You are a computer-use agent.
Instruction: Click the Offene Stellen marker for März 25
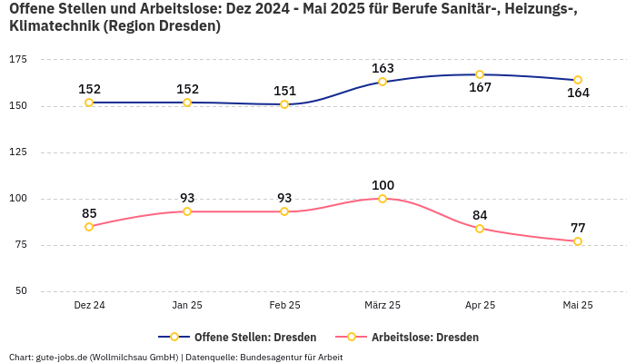[x=383, y=82]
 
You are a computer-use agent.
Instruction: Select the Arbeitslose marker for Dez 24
[x=89, y=227]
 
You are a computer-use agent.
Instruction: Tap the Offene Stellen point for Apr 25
[x=480, y=74]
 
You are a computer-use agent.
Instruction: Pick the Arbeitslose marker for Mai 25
[x=578, y=241]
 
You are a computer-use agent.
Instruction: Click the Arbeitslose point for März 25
[x=383, y=199]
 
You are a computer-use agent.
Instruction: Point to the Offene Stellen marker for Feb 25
[x=284, y=104]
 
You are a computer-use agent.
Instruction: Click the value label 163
[x=383, y=68]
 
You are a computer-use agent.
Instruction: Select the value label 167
[x=480, y=88]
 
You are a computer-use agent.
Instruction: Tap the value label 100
[x=383, y=185]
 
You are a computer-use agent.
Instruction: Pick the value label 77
[x=578, y=228]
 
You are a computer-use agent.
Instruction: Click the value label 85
[x=89, y=213]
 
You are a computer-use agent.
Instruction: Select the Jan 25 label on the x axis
[x=187, y=306]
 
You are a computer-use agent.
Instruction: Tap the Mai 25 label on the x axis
[x=578, y=306]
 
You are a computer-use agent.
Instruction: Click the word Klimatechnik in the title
[x=54, y=26]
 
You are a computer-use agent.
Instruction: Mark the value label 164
[x=578, y=93]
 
